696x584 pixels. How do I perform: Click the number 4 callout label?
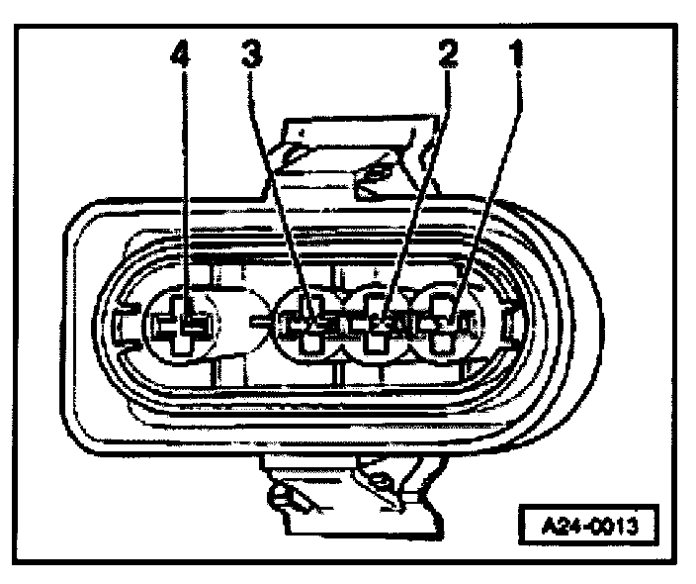[x=180, y=57]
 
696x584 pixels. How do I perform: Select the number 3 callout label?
[x=251, y=57]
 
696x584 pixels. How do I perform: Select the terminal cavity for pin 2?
[x=381, y=324]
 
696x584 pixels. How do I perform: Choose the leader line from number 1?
[x=484, y=188]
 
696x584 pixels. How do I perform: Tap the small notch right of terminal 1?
[x=510, y=323]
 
